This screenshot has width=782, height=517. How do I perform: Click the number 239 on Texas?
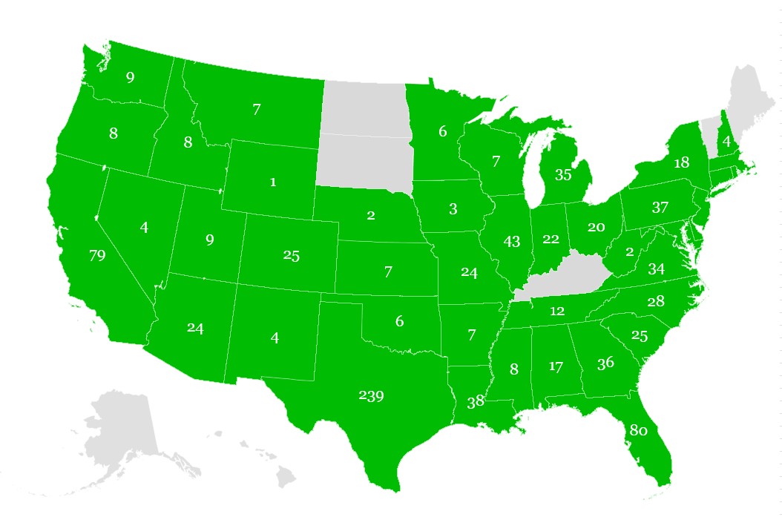click(x=371, y=396)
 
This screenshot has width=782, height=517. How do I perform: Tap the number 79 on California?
click(x=97, y=256)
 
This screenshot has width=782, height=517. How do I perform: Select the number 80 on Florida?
click(x=639, y=430)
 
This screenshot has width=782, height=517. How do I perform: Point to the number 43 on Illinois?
click(x=511, y=241)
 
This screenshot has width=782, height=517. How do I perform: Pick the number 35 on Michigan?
click(x=563, y=175)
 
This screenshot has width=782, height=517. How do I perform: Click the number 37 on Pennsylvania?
click(x=660, y=208)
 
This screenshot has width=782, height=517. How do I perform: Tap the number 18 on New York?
click(x=681, y=163)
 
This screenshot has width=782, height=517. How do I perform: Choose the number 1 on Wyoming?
click(x=272, y=182)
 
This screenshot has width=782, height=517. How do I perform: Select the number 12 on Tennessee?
click(x=557, y=312)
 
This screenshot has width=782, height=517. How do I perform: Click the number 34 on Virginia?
click(x=656, y=269)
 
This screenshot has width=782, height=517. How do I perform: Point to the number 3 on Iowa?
click(x=453, y=209)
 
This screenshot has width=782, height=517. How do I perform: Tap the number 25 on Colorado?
click(x=291, y=256)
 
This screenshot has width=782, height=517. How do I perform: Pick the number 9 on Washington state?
click(x=130, y=76)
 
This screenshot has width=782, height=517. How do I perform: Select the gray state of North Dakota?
click(x=364, y=108)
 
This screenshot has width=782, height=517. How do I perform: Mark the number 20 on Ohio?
click(x=596, y=227)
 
